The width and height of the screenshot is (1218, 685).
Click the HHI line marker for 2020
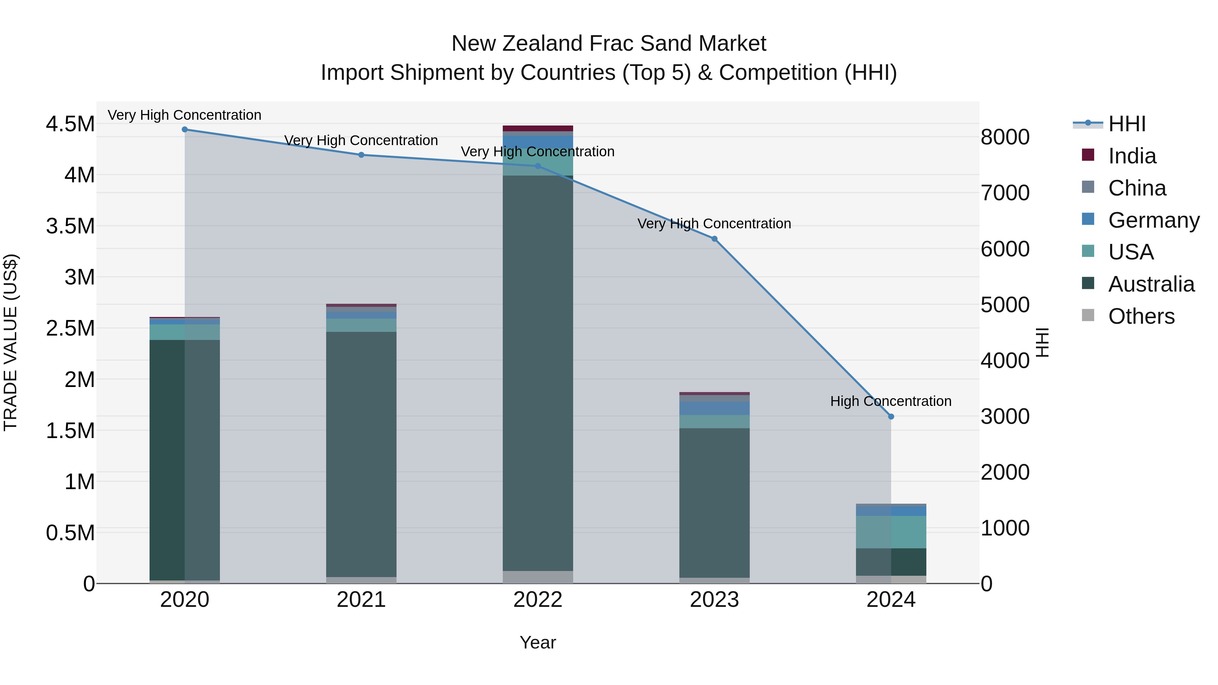184,129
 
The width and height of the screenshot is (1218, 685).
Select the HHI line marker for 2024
891,416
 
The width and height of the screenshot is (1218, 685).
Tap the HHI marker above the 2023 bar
715,239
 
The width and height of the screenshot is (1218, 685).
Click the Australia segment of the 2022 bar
538,373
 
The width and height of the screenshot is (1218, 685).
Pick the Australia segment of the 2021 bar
361,454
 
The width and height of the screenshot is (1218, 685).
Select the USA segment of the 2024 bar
891,532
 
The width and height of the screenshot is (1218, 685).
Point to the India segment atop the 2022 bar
538,128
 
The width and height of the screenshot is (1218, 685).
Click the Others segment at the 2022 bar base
538,577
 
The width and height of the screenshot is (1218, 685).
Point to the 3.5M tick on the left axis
70,226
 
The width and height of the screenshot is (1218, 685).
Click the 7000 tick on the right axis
1005,193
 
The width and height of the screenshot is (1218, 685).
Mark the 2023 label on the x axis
715,600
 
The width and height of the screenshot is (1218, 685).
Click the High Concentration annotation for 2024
891,401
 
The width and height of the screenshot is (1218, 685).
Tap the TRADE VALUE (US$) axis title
10,342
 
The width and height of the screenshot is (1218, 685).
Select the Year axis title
538,642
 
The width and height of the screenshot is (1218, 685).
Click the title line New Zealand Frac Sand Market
609,44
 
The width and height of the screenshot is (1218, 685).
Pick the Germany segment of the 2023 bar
715,408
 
